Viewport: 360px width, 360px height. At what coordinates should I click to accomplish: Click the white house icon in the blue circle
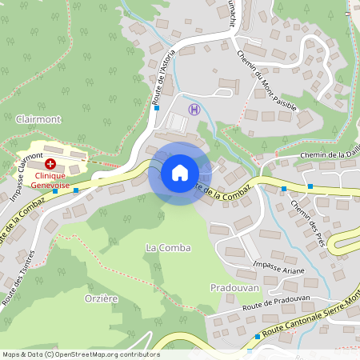[180, 172]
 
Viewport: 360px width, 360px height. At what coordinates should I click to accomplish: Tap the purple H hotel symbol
[192, 109]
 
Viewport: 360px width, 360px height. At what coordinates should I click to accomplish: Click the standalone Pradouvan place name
[231, 286]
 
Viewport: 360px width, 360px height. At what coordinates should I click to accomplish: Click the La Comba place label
[168, 247]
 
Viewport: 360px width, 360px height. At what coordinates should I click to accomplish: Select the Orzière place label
[102, 298]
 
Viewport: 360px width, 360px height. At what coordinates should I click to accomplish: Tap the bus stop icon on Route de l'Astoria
[158, 107]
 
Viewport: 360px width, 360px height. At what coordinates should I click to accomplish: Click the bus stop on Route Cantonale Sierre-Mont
[258, 337]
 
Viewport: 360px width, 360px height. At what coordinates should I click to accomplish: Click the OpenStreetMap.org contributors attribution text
[109, 354]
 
